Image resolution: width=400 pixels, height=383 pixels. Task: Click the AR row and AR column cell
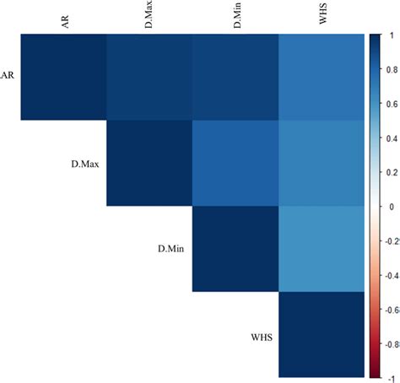click(63, 78)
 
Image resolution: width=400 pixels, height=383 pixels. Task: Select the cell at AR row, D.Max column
click(149, 78)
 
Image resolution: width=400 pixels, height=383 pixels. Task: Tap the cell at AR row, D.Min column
click(235, 78)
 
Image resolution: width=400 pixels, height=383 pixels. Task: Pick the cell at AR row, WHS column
click(322, 78)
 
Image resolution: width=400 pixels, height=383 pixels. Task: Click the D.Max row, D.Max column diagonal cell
click(149, 164)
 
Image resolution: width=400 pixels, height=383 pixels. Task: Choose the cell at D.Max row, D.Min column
click(235, 164)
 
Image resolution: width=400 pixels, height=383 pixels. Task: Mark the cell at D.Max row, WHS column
click(322, 164)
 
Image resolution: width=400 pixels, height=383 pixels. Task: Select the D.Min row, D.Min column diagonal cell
click(235, 250)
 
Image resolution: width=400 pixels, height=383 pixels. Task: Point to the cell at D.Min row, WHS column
click(322, 250)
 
